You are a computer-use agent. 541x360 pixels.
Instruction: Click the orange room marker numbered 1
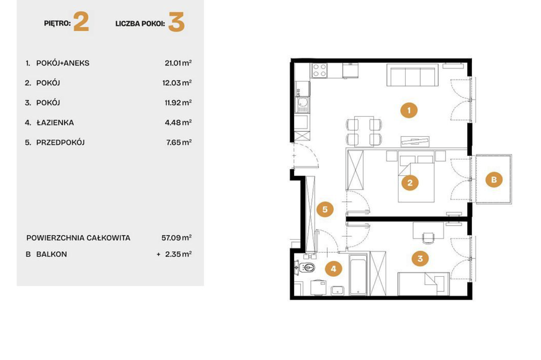click(409, 110)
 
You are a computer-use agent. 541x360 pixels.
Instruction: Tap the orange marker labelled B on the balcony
click(494, 180)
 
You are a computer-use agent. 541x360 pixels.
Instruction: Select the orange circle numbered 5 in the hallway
click(325, 209)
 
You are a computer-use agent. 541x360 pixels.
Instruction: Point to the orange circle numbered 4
click(334, 269)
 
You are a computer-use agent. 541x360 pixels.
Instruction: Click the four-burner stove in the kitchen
click(319, 70)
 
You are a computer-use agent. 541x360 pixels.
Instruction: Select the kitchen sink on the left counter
click(302, 105)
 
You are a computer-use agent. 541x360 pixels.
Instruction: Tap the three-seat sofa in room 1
click(413, 75)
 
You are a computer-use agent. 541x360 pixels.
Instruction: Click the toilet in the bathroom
click(306, 268)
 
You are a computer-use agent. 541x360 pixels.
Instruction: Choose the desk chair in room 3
click(428, 238)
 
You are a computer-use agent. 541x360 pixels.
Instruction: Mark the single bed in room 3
click(423, 284)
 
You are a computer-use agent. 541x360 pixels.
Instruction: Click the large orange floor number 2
click(81, 22)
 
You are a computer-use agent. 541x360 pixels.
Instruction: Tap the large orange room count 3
click(176, 22)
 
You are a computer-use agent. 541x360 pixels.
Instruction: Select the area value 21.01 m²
click(178, 63)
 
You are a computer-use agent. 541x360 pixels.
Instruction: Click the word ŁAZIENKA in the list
click(55, 123)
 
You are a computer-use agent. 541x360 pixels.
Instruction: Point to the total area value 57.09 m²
click(176, 238)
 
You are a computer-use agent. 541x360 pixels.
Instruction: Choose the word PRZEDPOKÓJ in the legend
click(60, 143)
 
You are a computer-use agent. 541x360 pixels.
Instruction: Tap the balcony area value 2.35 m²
click(179, 254)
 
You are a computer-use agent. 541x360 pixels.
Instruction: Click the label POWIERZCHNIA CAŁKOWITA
click(78, 238)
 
